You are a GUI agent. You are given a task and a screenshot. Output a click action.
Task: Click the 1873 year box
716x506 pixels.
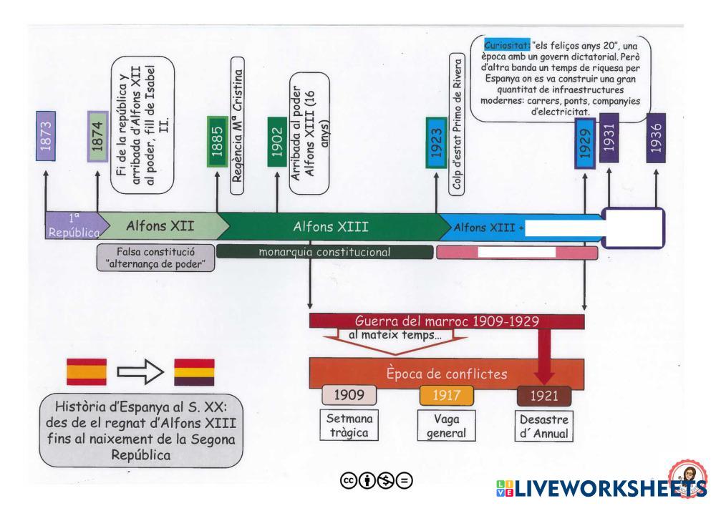[45, 135]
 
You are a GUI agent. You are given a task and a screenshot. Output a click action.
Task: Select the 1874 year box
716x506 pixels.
[97, 136]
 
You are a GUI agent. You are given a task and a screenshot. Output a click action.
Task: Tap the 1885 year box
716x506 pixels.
[217, 142]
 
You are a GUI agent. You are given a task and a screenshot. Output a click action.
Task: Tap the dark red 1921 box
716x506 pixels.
[543, 396]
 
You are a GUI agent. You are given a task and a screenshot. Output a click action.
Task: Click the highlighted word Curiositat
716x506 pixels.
[507, 44]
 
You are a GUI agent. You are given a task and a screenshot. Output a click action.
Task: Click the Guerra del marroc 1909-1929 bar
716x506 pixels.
[447, 321]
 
